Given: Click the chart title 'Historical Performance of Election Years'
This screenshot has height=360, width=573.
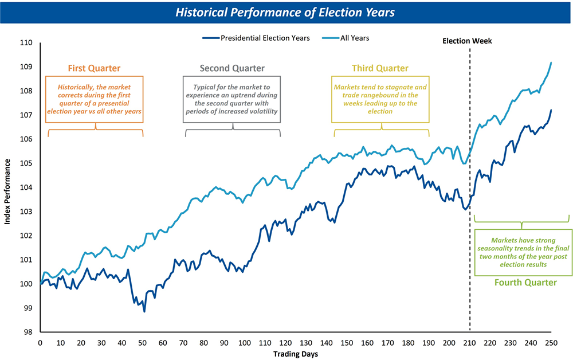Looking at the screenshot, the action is [285, 13].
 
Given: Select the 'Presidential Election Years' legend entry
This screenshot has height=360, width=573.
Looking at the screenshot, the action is [256, 38].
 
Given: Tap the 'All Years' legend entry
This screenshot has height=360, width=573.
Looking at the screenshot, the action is [346, 38].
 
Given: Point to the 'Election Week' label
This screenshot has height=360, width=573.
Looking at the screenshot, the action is [467, 41].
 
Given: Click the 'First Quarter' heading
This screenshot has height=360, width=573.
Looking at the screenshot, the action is [95, 68].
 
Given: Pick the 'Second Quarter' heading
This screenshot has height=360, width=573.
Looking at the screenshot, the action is [232, 68].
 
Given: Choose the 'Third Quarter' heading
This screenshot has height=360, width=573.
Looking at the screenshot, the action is [380, 68].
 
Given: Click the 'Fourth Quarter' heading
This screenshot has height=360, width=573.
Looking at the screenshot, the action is [525, 283].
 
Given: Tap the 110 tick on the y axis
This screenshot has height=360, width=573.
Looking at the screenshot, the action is [26, 43].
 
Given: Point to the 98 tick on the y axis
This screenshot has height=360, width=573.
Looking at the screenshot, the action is [28, 332].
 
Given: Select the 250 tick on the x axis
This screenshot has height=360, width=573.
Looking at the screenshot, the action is [551, 343].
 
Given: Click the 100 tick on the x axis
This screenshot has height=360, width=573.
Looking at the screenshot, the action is [245, 343].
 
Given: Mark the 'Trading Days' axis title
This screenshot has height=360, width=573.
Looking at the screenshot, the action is [296, 354].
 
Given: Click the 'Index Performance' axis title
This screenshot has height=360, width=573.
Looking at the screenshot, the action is [7, 191].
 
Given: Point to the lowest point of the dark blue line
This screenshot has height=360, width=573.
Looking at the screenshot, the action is [144, 312].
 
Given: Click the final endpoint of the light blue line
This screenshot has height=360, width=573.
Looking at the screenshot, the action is [551, 63].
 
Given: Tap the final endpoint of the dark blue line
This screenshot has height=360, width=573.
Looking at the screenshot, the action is [551, 110].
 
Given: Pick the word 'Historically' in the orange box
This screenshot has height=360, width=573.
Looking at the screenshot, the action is [75, 87].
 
